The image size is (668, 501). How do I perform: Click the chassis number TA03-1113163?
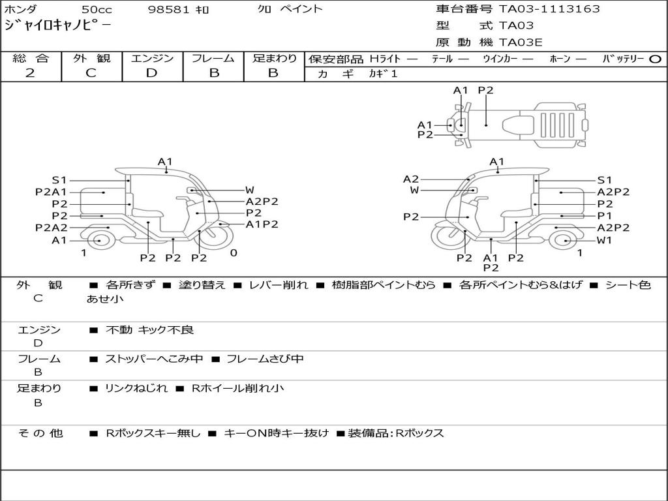[549, 9]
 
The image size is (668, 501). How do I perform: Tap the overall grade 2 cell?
[30, 73]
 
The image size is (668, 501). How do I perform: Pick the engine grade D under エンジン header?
[151, 73]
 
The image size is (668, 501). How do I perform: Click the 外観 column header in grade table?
[91, 59]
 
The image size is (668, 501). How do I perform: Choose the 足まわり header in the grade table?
[274, 59]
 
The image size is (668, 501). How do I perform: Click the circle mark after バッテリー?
[656, 59]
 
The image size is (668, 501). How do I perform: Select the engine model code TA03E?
[521, 43]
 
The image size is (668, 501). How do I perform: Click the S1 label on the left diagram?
[59, 180]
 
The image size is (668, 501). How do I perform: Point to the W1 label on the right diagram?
[605, 240]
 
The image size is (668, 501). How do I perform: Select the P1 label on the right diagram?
[605, 215]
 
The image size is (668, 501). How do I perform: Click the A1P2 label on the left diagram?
[262, 224]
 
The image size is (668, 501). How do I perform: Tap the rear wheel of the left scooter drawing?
[99, 240]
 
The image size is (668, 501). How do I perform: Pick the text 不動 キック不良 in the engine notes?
[149, 330]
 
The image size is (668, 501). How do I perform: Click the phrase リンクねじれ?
[136, 388]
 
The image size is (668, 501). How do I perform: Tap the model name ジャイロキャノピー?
[57, 26]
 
